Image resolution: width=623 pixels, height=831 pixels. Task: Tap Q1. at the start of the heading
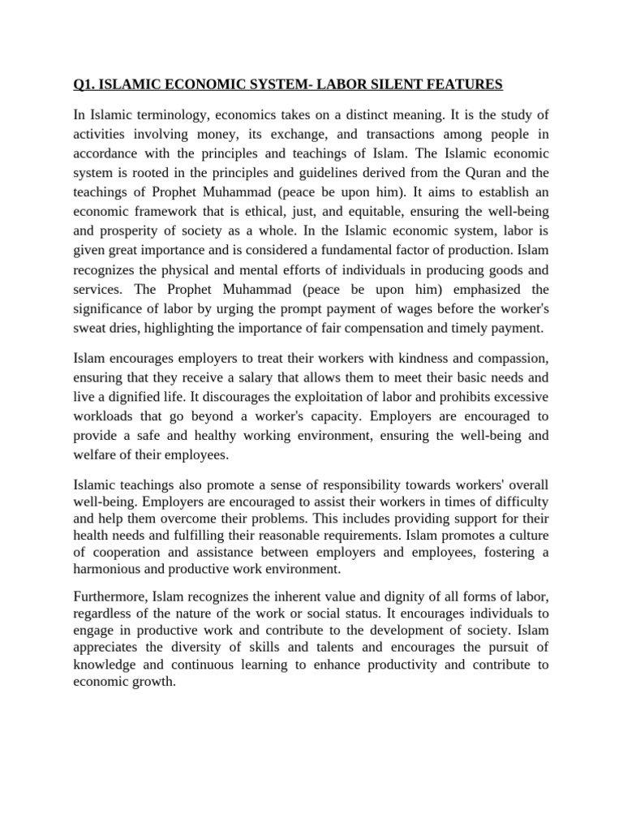tap(85, 84)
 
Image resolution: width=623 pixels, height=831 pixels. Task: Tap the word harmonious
tap(108, 569)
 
